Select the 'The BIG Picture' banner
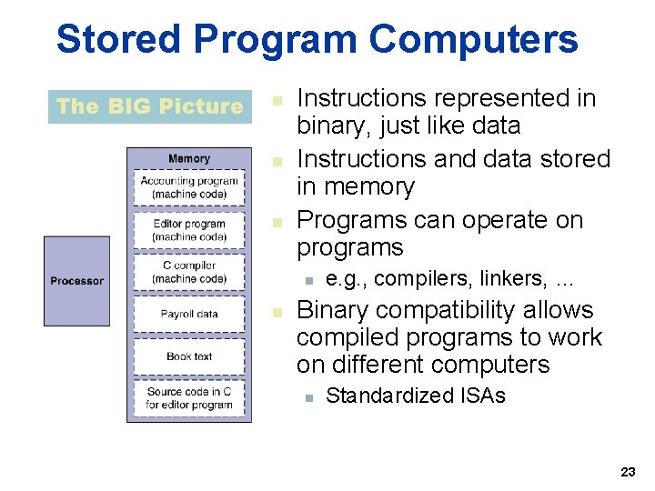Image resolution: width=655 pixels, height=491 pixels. point(149,106)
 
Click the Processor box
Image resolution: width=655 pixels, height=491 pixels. point(76,281)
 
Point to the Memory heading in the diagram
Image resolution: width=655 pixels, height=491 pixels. point(188,158)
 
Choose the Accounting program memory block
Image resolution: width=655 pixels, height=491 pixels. point(189,187)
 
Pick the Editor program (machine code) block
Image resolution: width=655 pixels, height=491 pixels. point(189,230)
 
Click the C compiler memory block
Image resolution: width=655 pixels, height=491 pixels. point(189,272)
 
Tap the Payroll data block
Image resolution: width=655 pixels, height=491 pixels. point(189,315)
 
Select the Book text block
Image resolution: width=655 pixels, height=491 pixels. point(189,356)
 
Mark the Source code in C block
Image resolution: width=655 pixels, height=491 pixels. point(189,398)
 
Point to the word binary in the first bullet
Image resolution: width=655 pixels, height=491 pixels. point(332,125)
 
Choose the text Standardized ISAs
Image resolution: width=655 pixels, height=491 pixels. point(415,396)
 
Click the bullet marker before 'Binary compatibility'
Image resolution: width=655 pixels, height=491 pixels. point(278,312)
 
